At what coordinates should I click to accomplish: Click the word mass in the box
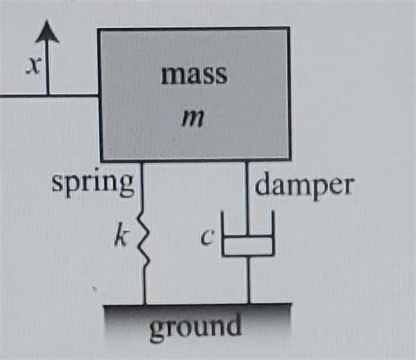click(194, 76)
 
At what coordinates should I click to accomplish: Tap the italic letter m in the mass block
click(192, 119)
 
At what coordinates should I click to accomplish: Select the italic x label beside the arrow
click(32, 65)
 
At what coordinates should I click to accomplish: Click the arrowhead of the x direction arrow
click(47, 32)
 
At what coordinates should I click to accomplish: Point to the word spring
click(93, 184)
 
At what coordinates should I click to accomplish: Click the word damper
click(305, 187)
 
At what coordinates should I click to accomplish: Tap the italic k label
click(121, 234)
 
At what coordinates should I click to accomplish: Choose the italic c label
click(207, 237)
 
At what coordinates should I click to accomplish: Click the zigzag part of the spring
click(143, 239)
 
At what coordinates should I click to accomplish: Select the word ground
click(196, 327)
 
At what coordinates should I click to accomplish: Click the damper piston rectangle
click(248, 245)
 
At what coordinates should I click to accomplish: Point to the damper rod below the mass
click(247, 198)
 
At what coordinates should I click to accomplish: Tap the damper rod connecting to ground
click(249, 280)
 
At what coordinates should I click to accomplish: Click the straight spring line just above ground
click(145, 285)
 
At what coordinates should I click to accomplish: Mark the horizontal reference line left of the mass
click(49, 96)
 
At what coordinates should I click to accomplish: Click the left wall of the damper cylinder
click(223, 234)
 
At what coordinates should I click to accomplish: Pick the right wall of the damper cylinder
click(273, 234)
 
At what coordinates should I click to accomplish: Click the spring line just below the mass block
click(143, 186)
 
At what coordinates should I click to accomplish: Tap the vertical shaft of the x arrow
click(47, 68)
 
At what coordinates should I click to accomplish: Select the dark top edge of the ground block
click(197, 305)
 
